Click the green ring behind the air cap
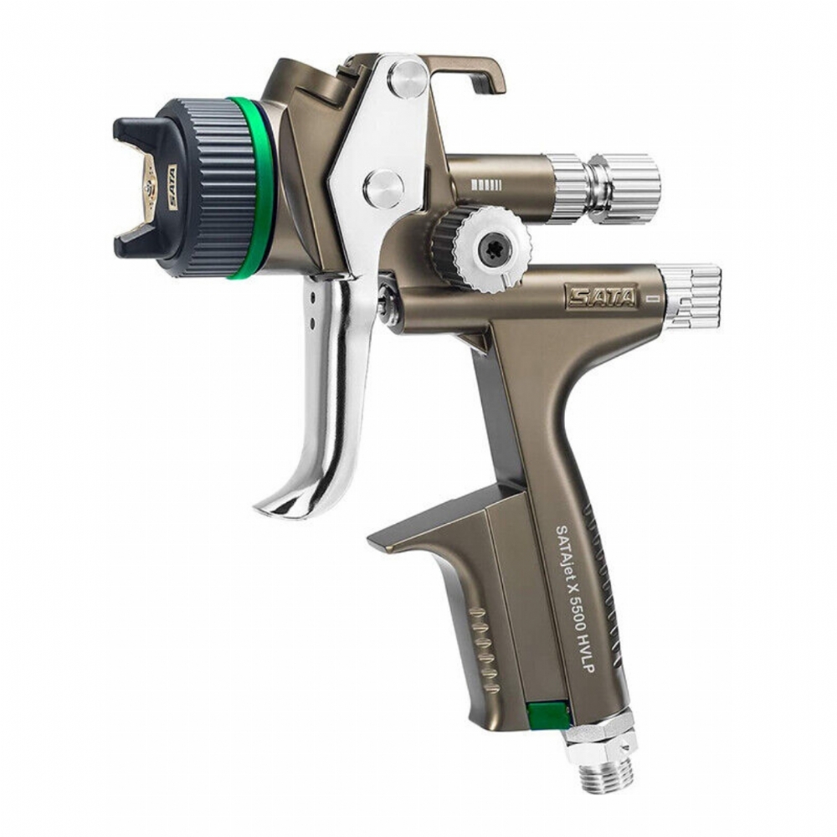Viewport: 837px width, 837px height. (x=251, y=187)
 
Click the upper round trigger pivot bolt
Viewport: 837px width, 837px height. (x=408, y=76)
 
